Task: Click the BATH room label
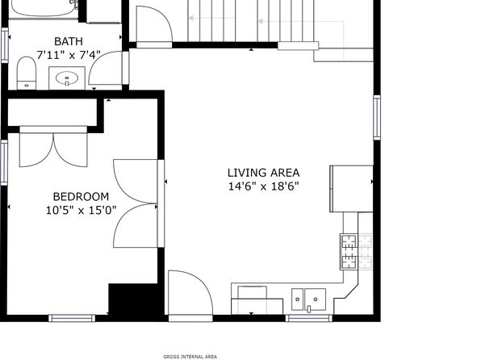pyautogui.click(x=69, y=41)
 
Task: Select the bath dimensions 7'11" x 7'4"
pyautogui.click(x=69, y=55)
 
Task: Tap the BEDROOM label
pyautogui.click(x=81, y=196)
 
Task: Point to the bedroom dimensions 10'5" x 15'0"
pyautogui.click(x=81, y=211)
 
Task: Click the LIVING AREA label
pyautogui.click(x=264, y=173)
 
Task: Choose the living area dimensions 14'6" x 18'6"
pyautogui.click(x=264, y=186)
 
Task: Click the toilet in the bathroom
pyautogui.click(x=27, y=73)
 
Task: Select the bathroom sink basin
pyautogui.click(x=67, y=78)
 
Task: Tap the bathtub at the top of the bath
pyautogui.click(x=43, y=8)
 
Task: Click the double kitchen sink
pyautogui.click(x=308, y=299)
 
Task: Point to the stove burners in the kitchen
pyautogui.click(x=357, y=252)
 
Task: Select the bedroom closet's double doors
pyautogui.click(x=54, y=150)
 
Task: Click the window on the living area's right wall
pyautogui.click(x=377, y=117)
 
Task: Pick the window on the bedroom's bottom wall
pyautogui.click(x=72, y=318)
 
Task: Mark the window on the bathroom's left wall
pyautogui.click(x=4, y=45)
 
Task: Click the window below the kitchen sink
pyautogui.click(x=309, y=318)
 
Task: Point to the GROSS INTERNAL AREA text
pyautogui.click(x=190, y=357)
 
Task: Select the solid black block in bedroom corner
pyautogui.click(x=133, y=299)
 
